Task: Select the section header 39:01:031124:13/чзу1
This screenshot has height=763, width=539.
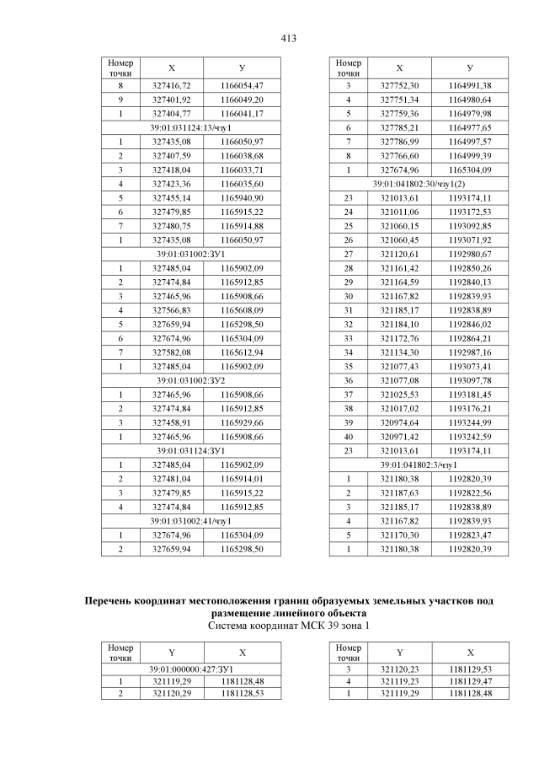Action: pyautogui.click(x=191, y=126)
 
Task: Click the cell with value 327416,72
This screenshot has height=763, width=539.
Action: pyautogui.click(x=171, y=86)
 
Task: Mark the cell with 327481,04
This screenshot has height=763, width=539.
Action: pyautogui.click(x=171, y=478)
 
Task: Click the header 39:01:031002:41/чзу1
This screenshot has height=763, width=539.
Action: pyautogui.click(x=191, y=521)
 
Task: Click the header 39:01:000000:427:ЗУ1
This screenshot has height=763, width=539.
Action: pyautogui.click(x=191, y=669)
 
